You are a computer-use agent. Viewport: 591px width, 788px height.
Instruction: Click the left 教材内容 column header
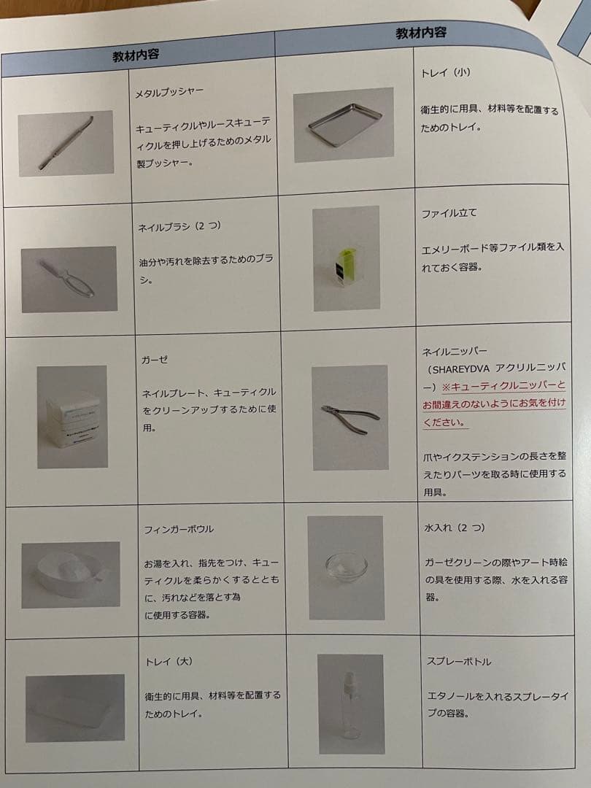tap(136, 55)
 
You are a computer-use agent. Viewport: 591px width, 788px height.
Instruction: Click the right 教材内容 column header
tap(421, 32)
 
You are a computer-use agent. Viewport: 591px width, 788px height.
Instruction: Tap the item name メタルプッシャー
tap(169, 93)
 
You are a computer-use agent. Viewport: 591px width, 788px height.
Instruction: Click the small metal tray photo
tap(344, 124)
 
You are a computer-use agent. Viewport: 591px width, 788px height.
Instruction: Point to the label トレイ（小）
tap(447, 73)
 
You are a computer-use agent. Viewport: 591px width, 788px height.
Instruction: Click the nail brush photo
tap(69, 279)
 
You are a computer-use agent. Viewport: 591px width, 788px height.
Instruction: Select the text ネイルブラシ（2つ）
tap(179, 226)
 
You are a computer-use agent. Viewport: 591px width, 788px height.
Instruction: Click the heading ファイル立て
tap(449, 213)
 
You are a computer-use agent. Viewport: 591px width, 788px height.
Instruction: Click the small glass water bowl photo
tap(346, 566)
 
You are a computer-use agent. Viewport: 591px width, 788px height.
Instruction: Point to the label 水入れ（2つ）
tap(454, 527)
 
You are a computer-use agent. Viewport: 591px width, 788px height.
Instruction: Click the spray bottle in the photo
tap(350, 704)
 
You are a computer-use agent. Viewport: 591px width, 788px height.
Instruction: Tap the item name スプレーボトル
tap(459, 661)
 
